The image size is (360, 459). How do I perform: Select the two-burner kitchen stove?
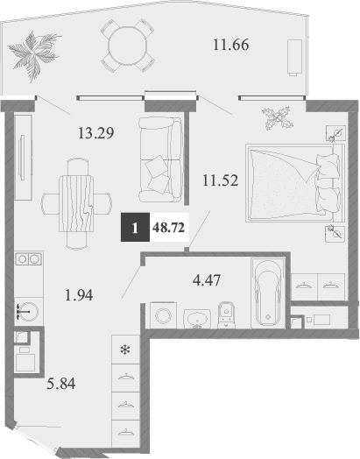(27, 259)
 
